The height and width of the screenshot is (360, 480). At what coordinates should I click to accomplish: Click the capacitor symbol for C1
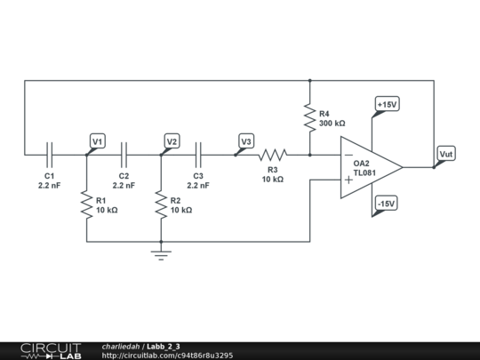[x=50, y=154]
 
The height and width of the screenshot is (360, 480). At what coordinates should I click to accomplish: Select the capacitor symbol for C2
[x=124, y=154]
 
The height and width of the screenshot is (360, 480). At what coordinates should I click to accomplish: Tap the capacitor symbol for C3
[x=199, y=154]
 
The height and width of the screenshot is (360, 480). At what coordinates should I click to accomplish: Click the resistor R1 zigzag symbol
[x=86, y=204]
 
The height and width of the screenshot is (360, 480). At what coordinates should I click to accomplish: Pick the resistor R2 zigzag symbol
[x=161, y=204]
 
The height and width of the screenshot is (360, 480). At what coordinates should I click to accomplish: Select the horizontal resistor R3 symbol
[x=273, y=154]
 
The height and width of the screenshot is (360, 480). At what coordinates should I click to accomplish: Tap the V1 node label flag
[x=98, y=141]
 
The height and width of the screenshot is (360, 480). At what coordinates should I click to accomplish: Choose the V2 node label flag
[x=172, y=141]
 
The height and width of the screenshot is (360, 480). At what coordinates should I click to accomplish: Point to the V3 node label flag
[x=246, y=141]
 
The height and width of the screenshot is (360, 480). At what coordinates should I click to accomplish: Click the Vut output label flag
[x=445, y=155]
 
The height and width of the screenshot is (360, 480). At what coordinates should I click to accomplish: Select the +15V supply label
[x=387, y=105]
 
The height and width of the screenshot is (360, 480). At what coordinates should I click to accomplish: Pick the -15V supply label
[x=385, y=204]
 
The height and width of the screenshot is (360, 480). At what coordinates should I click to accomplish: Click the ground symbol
[x=161, y=255]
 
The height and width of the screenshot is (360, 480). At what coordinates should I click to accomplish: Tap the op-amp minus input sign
[x=348, y=155]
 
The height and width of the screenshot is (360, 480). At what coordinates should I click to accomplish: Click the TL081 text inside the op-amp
[x=364, y=173]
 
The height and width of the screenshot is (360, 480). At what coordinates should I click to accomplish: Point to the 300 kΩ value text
[x=332, y=124]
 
